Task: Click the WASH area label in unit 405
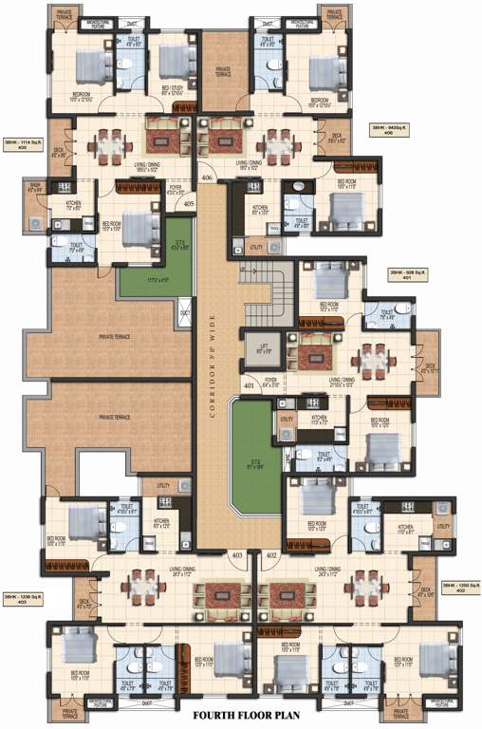coord(35,187)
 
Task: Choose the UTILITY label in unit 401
coord(286,419)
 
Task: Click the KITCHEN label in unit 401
coord(320,418)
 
